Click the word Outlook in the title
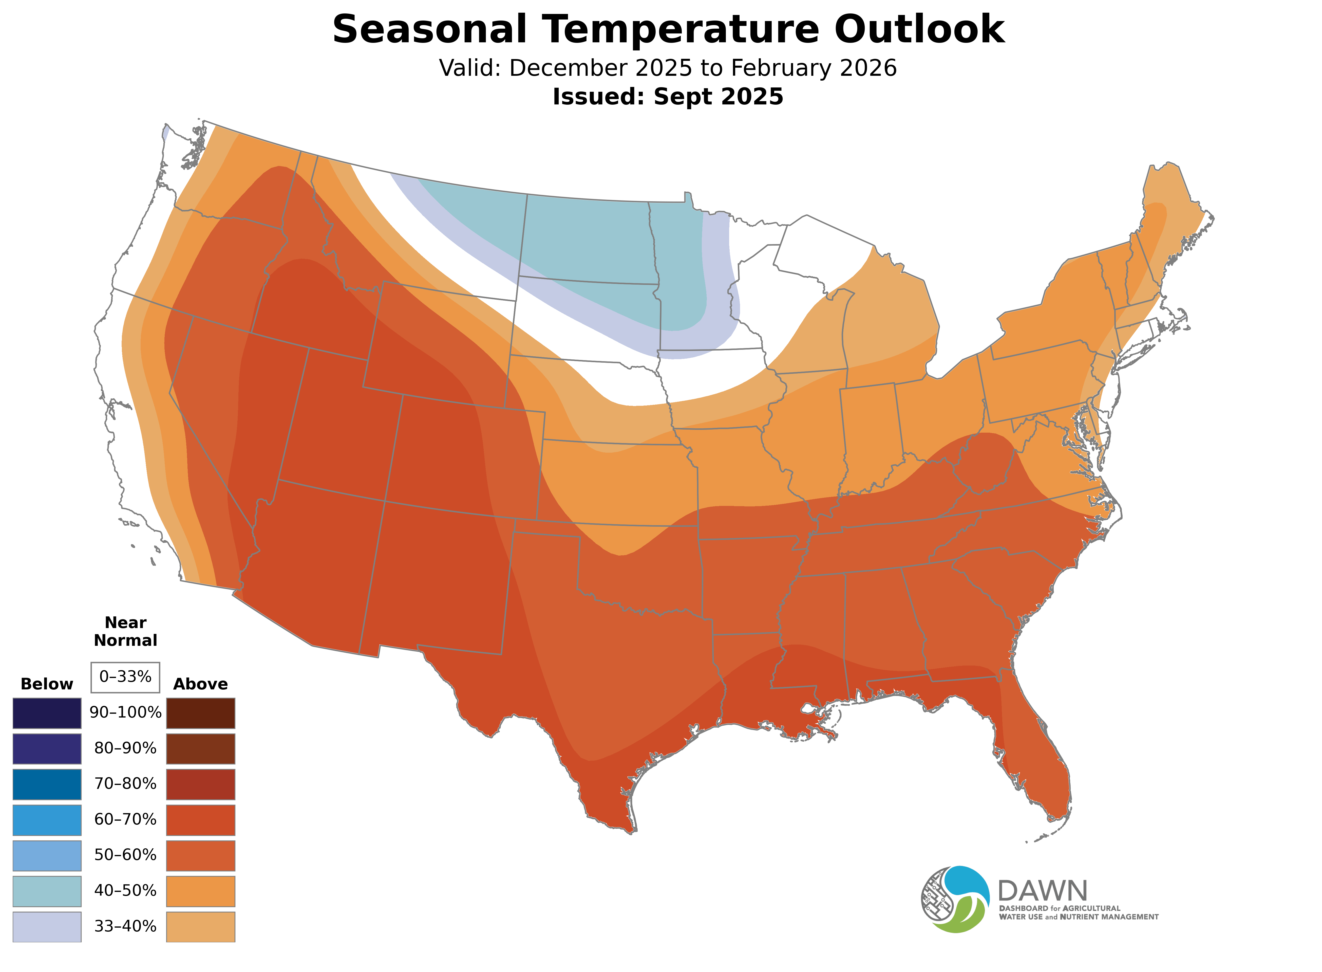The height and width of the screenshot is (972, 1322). click(x=919, y=29)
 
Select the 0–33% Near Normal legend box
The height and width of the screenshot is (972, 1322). click(x=125, y=677)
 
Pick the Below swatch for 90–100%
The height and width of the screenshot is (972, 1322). click(x=47, y=713)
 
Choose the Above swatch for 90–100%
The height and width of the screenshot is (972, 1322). click(x=201, y=713)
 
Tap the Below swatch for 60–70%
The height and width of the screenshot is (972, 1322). click(x=47, y=820)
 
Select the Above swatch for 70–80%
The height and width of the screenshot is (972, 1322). click(x=201, y=784)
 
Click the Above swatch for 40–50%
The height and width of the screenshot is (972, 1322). click(x=201, y=891)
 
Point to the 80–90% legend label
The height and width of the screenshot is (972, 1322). click(x=125, y=748)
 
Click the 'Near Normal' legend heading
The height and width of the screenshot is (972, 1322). click(x=125, y=631)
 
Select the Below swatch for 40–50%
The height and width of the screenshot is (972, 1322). click(x=47, y=891)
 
